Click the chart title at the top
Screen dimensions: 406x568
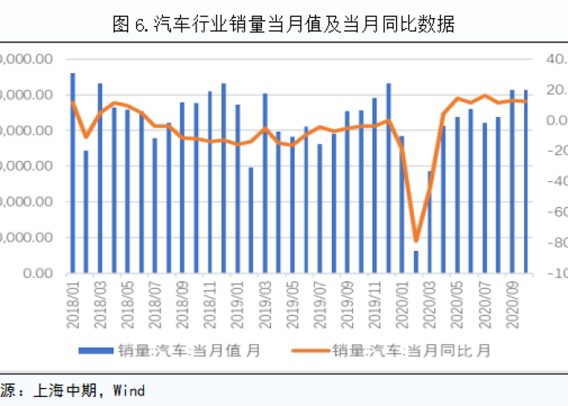pyautogui.click(x=283, y=24)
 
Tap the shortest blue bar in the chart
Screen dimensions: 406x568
pyautogui.click(x=416, y=261)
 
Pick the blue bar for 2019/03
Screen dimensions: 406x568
pyautogui.click(x=265, y=183)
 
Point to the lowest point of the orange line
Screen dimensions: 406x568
pyautogui.click(x=416, y=240)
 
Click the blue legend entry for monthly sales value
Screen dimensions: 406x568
pyautogui.click(x=170, y=351)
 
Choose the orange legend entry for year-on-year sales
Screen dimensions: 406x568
pyautogui.click(x=410, y=351)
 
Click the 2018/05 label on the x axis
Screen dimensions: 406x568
pyautogui.click(x=127, y=296)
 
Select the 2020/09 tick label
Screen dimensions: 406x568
pyautogui.click(x=513, y=296)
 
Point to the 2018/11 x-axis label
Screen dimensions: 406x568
pyautogui.click(x=209, y=296)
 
